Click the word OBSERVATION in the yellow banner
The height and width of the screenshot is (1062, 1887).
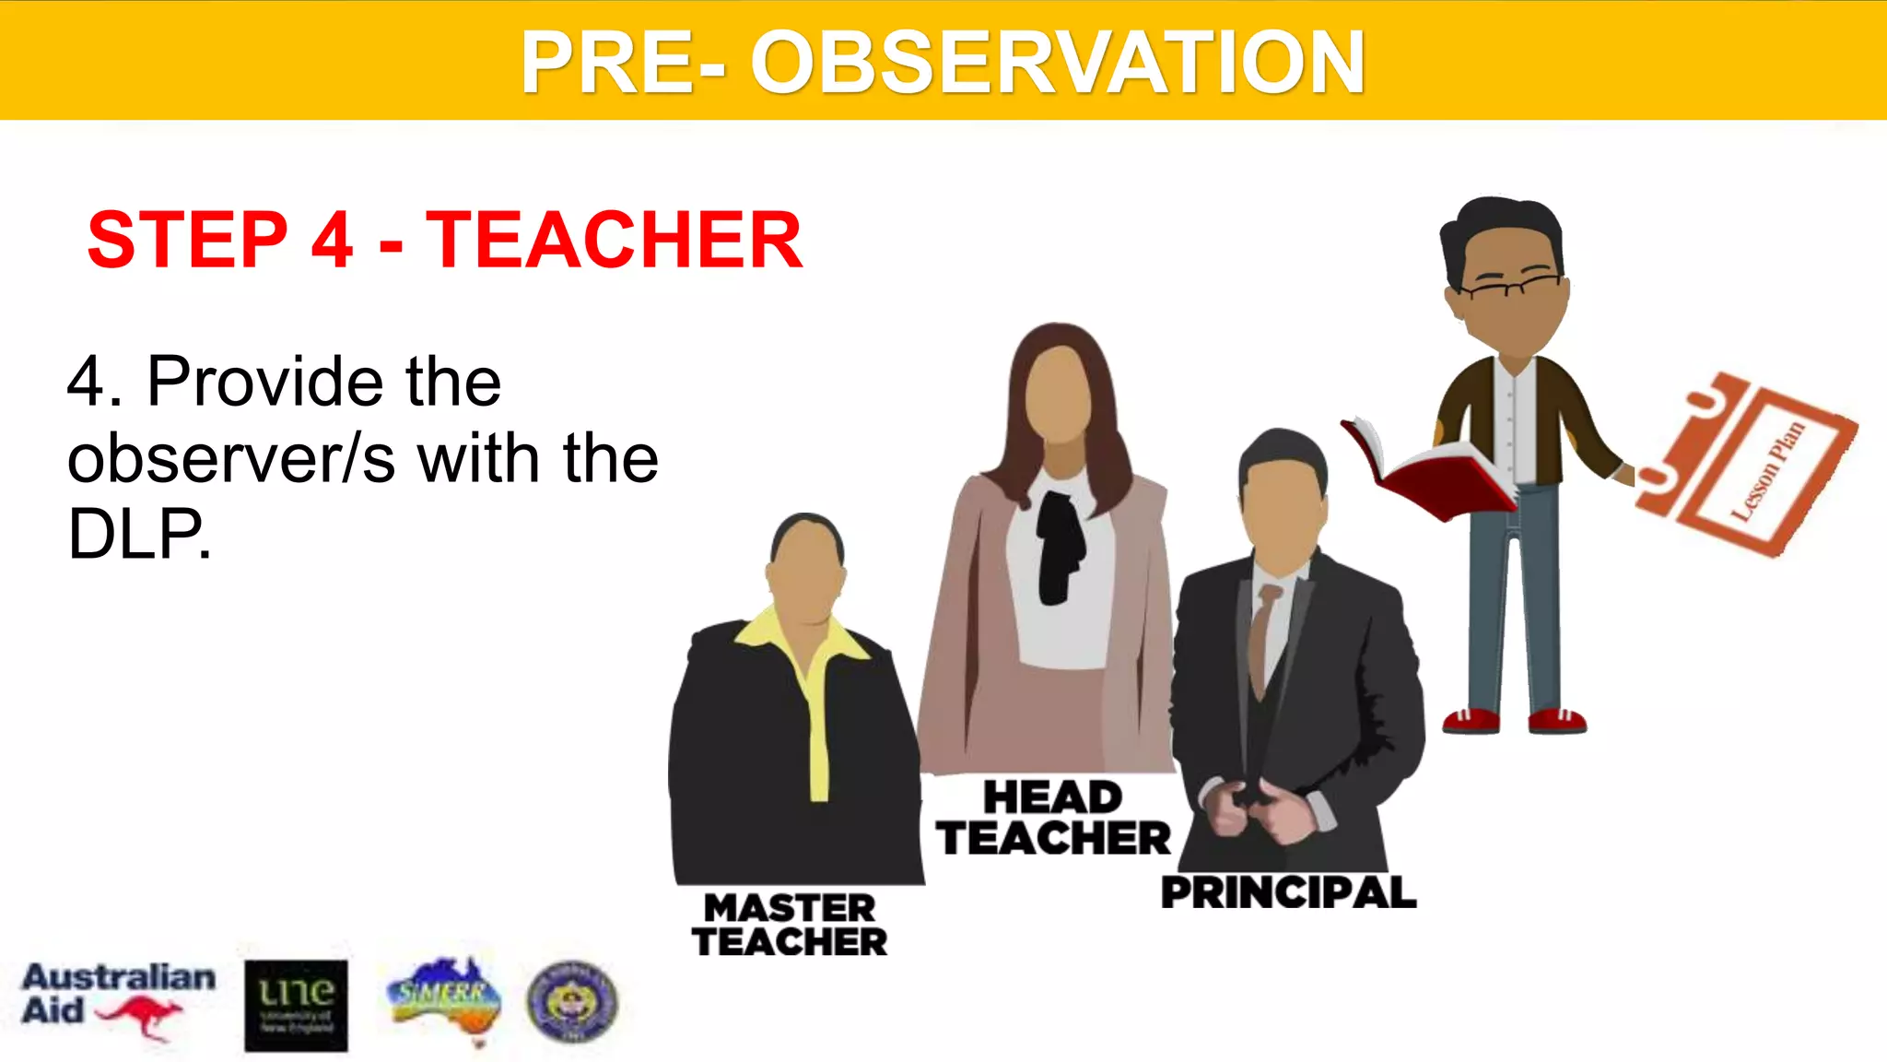(x=1057, y=63)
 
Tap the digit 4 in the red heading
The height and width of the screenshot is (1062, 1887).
(x=332, y=240)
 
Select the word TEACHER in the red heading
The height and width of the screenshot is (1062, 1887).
(x=614, y=240)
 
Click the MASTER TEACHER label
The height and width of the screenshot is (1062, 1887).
(x=790, y=925)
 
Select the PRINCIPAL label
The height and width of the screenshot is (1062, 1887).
(x=1288, y=892)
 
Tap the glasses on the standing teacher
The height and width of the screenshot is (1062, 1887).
(x=1511, y=285)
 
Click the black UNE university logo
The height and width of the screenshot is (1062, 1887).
(x=296, y=1006)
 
